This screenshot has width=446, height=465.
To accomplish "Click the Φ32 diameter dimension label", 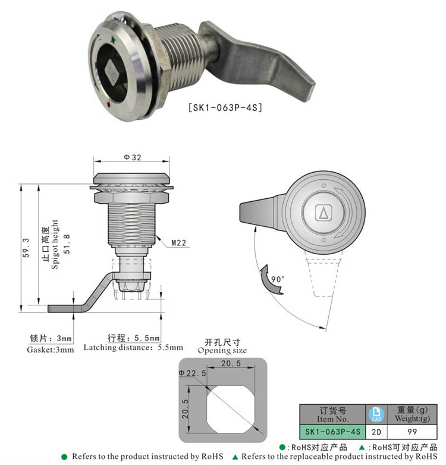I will (x=131, y=157).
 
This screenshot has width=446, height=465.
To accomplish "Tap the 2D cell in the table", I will (x=375, y=430).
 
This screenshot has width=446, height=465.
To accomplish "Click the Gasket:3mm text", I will (x=51, y=349).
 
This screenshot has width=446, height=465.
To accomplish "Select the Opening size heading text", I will (x=222, y=351).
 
